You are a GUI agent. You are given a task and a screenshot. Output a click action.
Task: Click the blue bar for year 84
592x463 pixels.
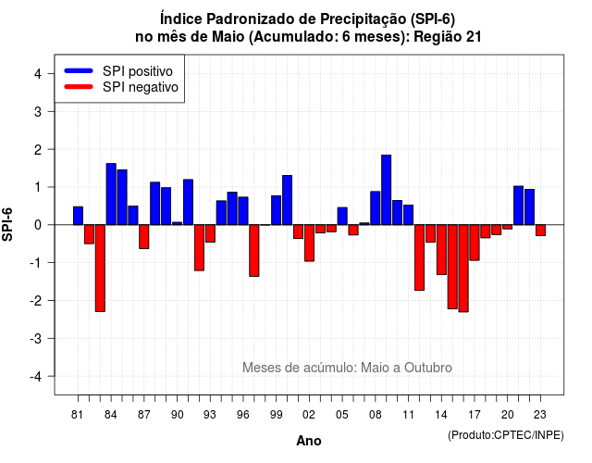pos(111,194)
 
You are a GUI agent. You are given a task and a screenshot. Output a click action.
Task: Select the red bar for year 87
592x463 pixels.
pos(144,237)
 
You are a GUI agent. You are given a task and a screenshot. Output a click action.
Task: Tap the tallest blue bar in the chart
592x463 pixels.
pos(387,190)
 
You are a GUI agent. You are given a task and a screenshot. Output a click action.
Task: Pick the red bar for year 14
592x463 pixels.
pos(441,249)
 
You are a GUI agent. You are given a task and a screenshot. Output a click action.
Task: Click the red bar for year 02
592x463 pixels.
pos(309,243)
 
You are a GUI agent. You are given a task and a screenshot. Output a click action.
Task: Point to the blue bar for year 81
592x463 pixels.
pos(78,216)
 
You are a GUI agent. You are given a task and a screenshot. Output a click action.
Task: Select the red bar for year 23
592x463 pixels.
pos(540,231)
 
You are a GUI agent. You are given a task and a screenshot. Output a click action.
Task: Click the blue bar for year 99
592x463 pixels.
pos(276,210)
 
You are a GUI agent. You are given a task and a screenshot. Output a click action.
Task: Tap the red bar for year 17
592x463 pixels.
pos(475,243)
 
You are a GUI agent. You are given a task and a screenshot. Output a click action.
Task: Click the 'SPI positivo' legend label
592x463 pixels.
pos(138,71)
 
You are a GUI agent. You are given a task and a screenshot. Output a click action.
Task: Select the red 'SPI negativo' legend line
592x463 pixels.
pos(79,87)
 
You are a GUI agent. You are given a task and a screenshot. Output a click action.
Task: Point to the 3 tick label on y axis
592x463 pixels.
pos(38,111)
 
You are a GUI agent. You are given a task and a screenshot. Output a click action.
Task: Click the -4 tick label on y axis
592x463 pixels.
pos(36,377)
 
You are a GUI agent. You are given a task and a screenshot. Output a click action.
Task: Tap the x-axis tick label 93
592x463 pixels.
pos(210,415)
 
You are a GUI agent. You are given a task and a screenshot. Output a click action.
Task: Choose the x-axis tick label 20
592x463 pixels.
pos(508,415)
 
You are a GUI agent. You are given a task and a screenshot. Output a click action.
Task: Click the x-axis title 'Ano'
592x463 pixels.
pos(309,441)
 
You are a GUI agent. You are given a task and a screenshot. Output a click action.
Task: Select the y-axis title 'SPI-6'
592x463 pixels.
pos(7,224)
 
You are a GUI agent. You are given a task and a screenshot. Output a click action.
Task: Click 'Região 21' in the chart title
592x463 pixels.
pos(448,37)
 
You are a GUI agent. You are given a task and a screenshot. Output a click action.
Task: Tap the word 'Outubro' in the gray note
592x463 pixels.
pos(428,368)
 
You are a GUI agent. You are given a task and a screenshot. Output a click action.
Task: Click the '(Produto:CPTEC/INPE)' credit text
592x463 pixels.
pos(506,435)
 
